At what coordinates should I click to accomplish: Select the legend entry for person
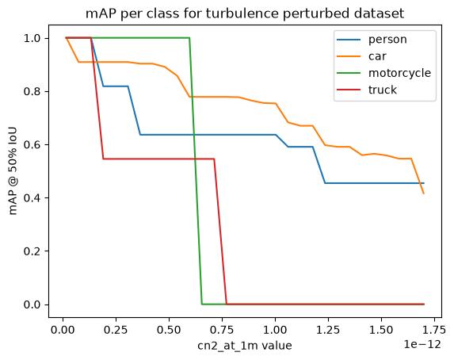click(387, 40)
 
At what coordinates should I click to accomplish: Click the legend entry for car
click(377, 56)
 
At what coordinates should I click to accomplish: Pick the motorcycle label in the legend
click(399, 73)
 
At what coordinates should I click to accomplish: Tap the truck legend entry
click(382, 90)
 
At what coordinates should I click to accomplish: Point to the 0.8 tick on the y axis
click(32, 92)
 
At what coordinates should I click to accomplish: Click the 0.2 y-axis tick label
click(32, 251)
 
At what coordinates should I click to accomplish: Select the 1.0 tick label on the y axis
click(32, 38)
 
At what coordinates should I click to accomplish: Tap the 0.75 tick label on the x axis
click(222, 330)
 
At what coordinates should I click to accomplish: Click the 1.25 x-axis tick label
click(328, 330)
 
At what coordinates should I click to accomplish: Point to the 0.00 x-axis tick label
click(63, 330)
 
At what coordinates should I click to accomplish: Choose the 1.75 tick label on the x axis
click(434, 330)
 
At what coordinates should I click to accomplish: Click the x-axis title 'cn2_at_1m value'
click(245, 346)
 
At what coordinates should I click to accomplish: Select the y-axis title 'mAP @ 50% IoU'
click(13, 171)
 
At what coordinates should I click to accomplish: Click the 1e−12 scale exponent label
click(422, 345)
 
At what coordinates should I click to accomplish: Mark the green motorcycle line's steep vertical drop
click(196, 171)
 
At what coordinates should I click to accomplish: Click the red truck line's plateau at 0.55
click(158, 159)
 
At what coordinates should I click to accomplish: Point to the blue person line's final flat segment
click(375, 183)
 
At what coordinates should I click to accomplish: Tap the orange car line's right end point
click(424, 193)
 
